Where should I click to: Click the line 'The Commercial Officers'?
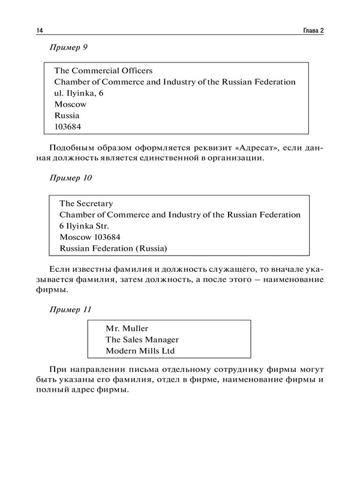tap(103, 70)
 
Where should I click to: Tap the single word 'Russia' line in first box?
tap(67, 115)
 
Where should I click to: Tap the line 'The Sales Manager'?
tap(142, 340)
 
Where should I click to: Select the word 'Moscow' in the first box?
tap(70, 104)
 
